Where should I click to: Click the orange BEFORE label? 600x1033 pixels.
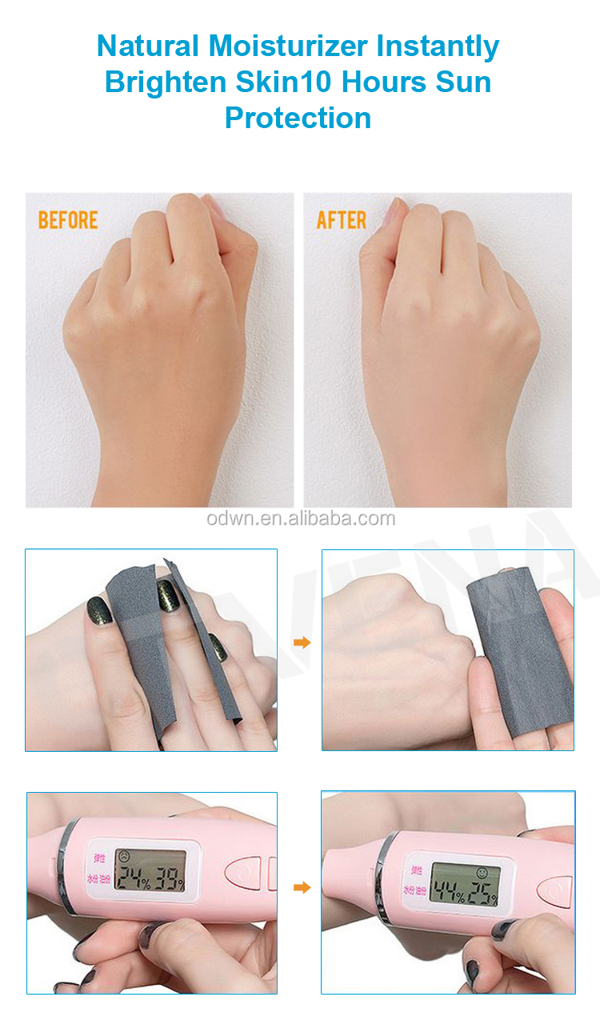[68, 220]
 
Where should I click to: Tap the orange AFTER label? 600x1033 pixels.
[342, 220]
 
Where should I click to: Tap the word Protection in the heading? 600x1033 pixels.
[298, 118]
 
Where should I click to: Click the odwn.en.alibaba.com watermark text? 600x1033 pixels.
[300, 518]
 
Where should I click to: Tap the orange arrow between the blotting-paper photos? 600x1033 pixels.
[302, 642]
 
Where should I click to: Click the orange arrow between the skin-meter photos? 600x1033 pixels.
[302, 887]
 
